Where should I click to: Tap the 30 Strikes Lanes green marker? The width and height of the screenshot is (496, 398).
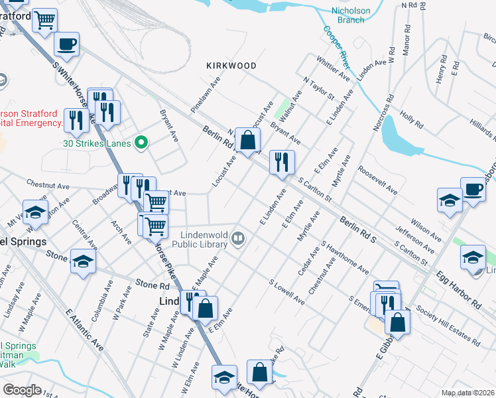[140, 143]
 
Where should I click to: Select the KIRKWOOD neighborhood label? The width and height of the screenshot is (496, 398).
[231, 66]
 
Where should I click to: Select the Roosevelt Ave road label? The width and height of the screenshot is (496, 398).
[377, 180]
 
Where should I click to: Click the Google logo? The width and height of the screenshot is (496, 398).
[22, 390]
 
